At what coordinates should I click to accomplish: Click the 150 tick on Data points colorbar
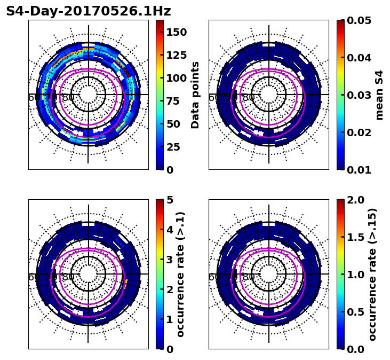(x=176, y=32)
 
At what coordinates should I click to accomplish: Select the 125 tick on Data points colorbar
(x=176, y=55)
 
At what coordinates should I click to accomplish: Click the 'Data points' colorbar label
(x=195, y=95)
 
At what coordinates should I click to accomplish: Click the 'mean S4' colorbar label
(x=379, y=95)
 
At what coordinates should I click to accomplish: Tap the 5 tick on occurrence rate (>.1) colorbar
(x=170, y=200)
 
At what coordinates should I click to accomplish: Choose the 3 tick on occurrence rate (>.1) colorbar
(x=170, y=260)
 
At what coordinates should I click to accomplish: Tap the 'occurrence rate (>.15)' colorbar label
(x=372, y=274)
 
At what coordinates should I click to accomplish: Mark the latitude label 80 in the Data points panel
(x=68, y=98)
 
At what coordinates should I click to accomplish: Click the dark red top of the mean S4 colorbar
(x=340, y=22)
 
